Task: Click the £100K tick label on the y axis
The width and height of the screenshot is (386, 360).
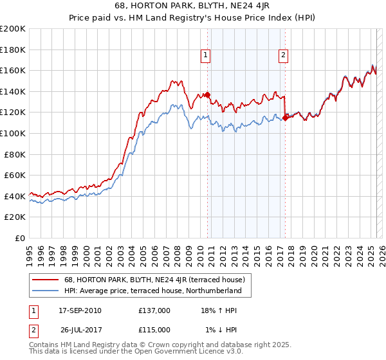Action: point(13,133)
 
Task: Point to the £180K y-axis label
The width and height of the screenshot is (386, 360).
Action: point(13,50)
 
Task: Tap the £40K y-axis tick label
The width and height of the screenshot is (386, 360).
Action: point(15,196)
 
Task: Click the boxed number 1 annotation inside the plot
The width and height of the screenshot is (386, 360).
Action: point(205,55)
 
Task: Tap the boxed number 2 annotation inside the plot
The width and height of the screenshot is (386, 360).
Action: point(283,55)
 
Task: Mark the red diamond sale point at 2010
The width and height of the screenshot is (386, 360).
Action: point(208,95)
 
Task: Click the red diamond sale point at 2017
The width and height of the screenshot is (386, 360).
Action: point(286,118)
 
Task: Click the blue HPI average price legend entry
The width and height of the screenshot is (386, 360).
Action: point(152,291)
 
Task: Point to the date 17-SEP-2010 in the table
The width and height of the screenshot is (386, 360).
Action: point(80,310)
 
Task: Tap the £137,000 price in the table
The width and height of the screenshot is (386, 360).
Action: point(154,310)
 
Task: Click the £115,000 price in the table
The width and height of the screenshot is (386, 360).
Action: point(154,330)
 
